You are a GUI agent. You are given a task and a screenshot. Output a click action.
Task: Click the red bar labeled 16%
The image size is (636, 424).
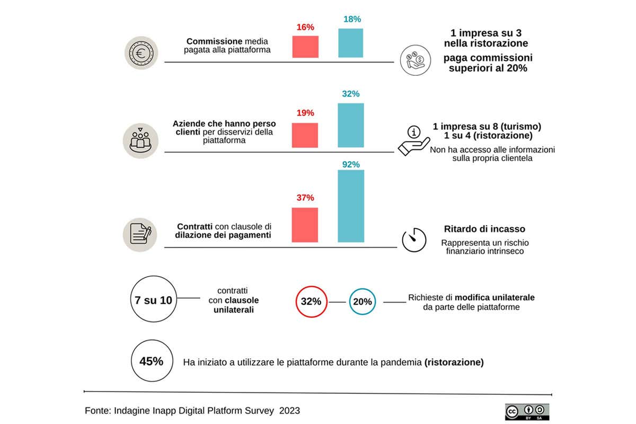tap(305, 47)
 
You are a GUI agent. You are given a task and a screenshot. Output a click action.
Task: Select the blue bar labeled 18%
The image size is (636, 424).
tap(351, 43)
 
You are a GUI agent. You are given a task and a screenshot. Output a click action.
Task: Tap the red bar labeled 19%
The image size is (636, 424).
tap(305, 135)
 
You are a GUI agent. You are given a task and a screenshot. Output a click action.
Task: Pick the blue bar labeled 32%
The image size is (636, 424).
tap(351, 125)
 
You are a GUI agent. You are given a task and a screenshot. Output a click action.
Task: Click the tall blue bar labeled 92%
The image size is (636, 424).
tap(351, 206)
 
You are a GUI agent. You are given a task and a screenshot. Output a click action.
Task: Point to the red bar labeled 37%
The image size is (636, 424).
tap(305, 224)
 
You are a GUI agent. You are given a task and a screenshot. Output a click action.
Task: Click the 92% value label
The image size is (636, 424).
tap(351, 164)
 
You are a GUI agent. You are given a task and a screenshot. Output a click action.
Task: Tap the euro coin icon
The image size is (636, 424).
tap(141, 52)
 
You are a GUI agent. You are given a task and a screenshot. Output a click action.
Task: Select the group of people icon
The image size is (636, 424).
tap(141, 141)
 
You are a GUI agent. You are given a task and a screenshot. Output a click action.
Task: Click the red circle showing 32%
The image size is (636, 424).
tap(311, 302)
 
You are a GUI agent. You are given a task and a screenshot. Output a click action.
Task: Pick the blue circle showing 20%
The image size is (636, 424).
tap(363, 302)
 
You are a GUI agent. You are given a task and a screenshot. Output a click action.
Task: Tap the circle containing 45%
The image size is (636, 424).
tap(151, 361)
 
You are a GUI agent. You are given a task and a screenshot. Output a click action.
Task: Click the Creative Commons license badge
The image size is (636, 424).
tap(526, 412)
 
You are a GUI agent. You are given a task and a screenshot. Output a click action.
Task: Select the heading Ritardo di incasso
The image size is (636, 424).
tap(484, 229)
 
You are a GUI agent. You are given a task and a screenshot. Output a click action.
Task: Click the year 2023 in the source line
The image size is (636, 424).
tap(290, 411)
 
